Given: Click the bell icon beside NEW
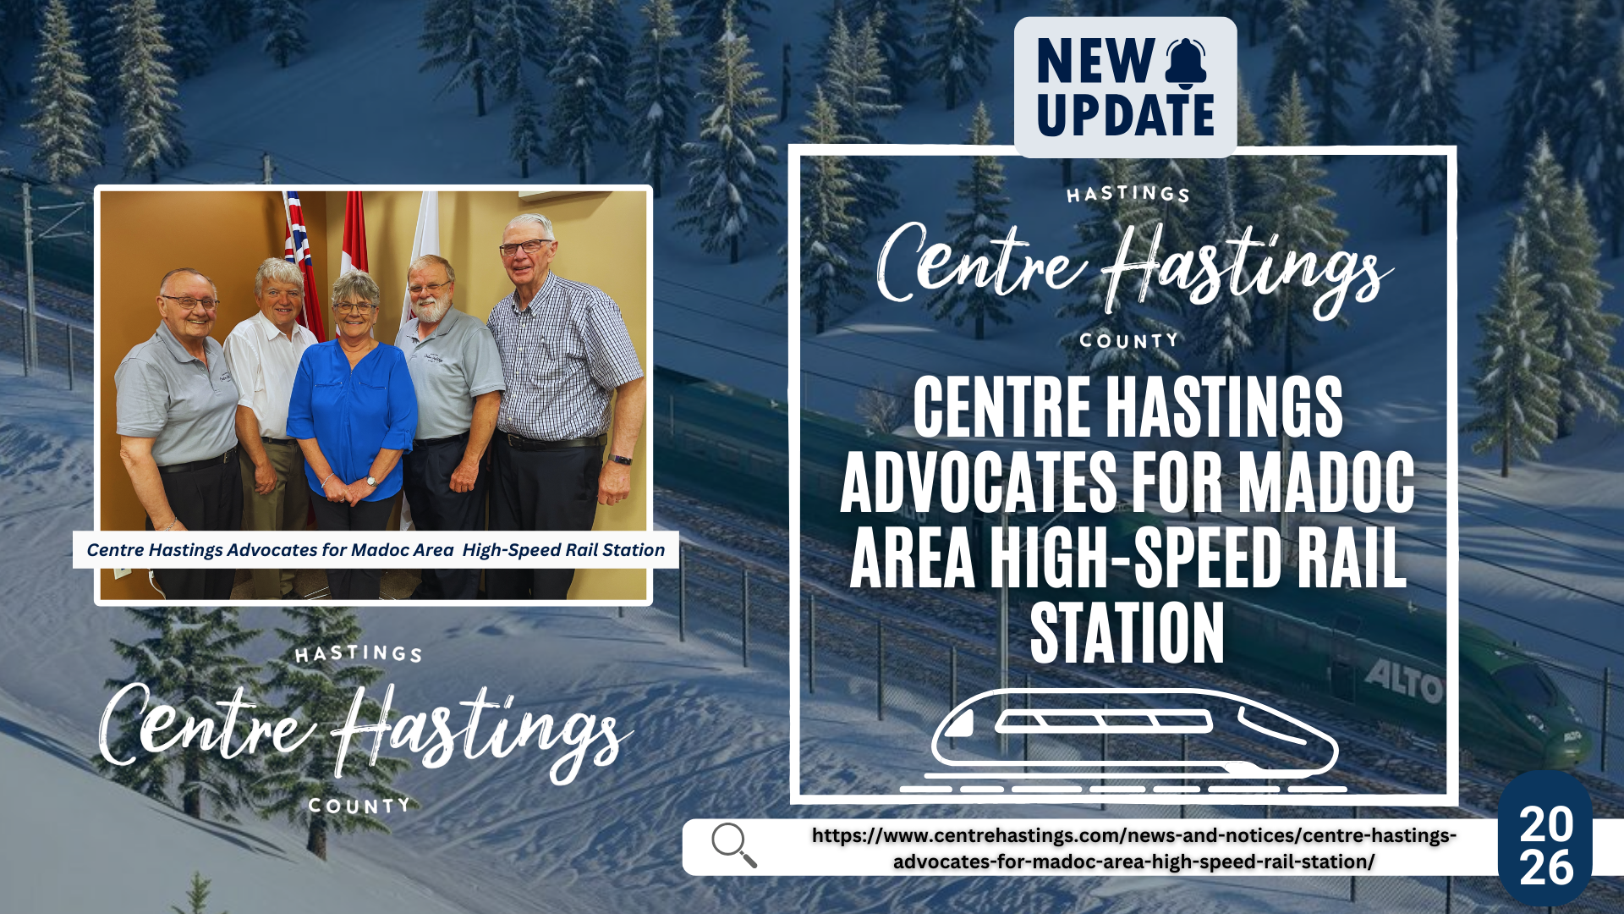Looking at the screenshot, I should click(1186, 62).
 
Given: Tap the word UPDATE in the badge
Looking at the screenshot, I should click(1125, 115).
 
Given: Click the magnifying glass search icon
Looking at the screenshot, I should click(732, 844).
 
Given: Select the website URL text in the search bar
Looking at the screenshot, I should click(1133, 848).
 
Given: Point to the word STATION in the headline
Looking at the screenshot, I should click(1127, 633).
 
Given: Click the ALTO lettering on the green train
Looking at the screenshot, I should click(1403, 681).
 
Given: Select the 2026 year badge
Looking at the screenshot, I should click(1545, 845).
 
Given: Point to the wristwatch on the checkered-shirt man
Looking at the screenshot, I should click(621, 460).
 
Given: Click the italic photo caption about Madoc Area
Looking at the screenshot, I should click(376, 550).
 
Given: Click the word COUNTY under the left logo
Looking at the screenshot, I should click(359, 806).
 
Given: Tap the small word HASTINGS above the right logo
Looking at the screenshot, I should click(1127, 195).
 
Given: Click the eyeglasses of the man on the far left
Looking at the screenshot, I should click(189, 302).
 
